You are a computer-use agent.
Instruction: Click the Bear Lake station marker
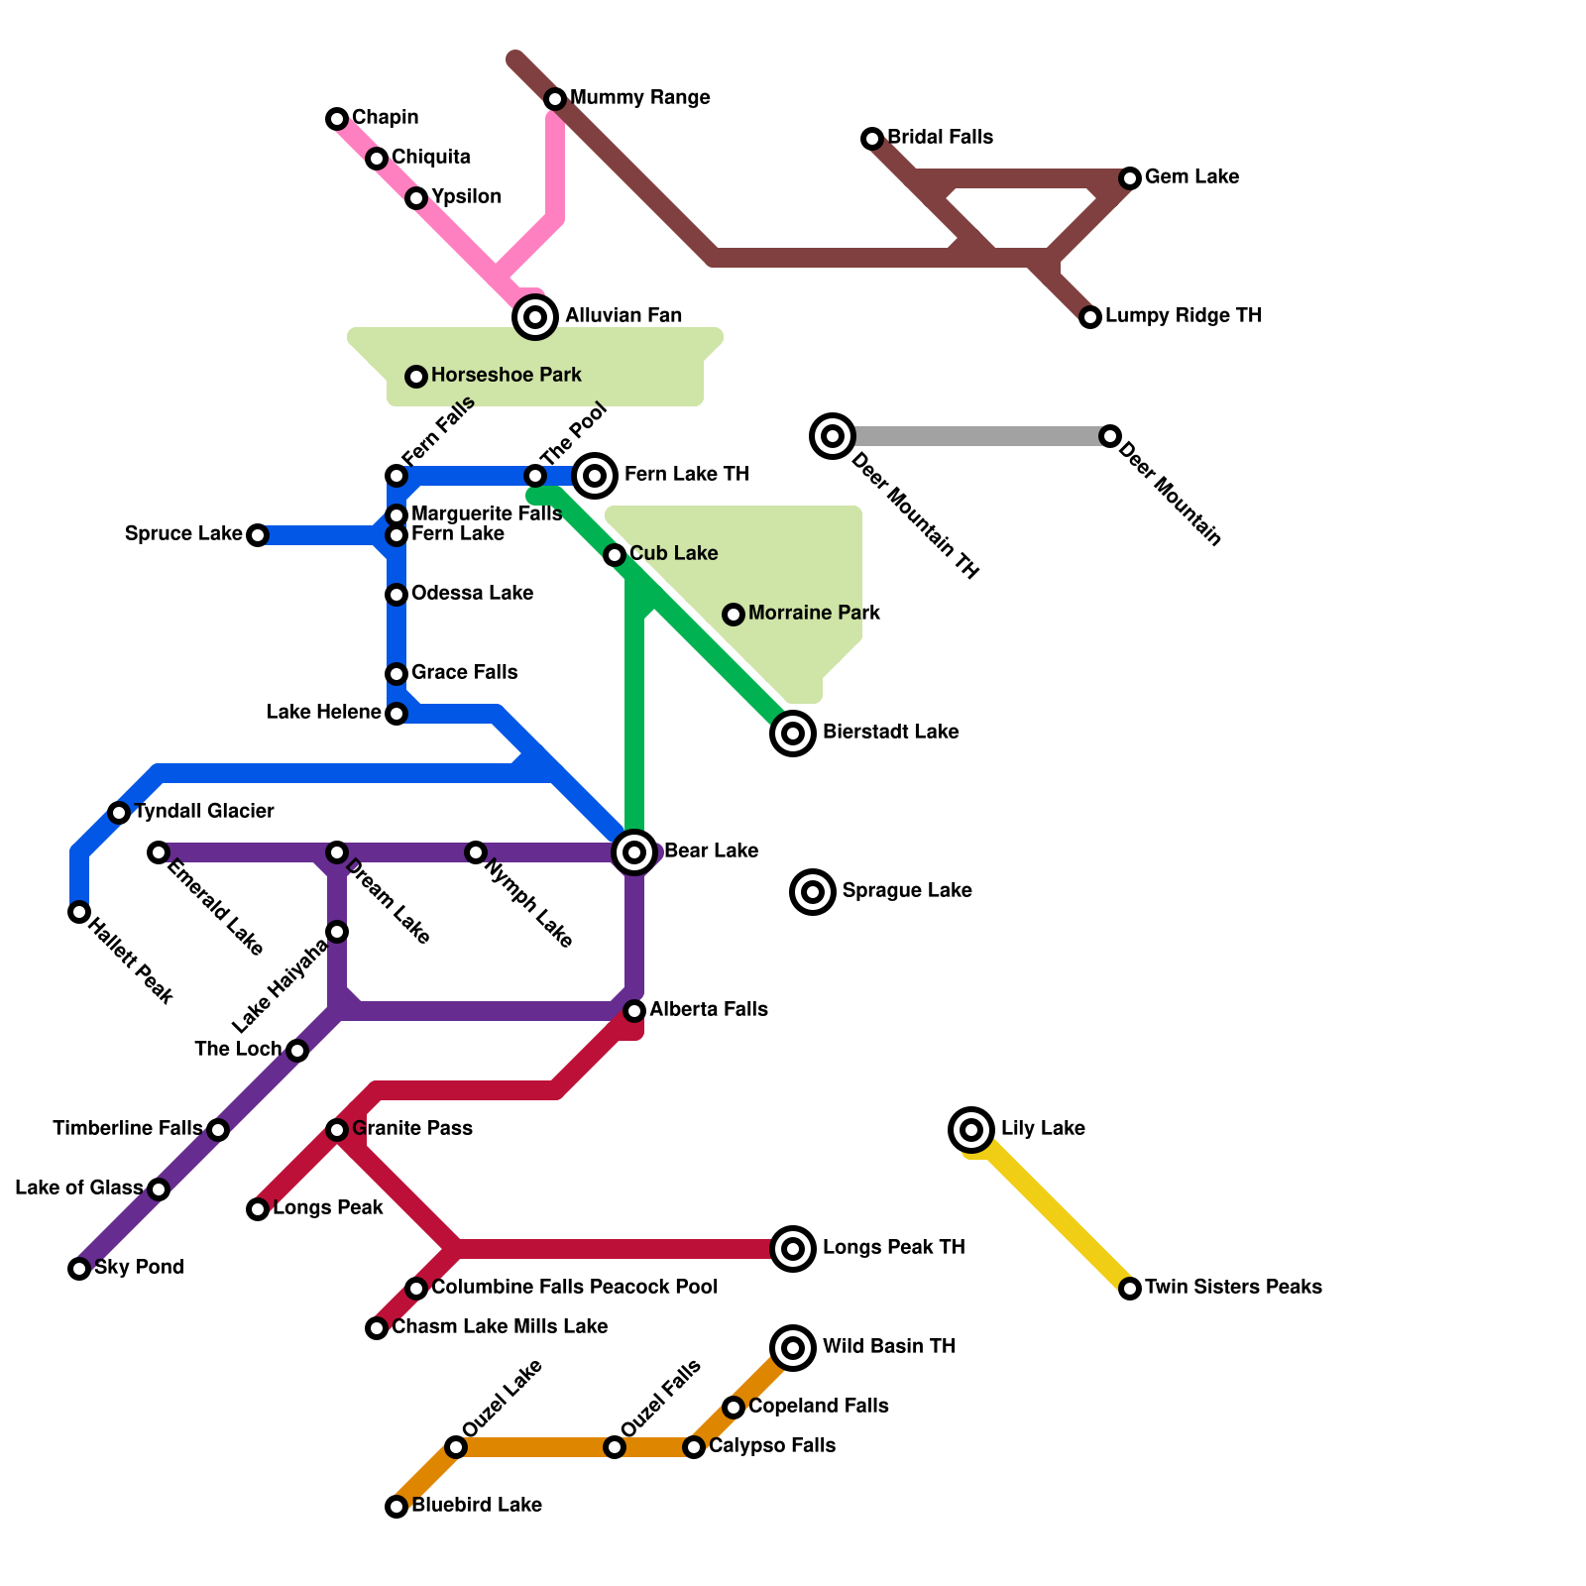[x=634, y=851]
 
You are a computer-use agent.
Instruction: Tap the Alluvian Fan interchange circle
[x=535, y=317]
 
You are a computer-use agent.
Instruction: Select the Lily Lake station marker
[x=971, y=1129]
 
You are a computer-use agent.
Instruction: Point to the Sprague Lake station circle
[x=813, y=891]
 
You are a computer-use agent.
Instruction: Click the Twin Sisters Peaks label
[x=1233, y=1288]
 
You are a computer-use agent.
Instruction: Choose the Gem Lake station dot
[x=1130, y=178]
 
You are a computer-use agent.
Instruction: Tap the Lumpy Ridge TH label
[x=1183, y=316]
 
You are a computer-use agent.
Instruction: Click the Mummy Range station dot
[x=555, y=99]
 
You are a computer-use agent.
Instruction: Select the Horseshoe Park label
[x=506, y=376]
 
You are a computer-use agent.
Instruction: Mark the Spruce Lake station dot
[x=258, y=535]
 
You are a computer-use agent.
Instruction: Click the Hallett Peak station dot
[x=79, y=912]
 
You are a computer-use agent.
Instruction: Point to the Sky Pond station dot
[x=79, y=1269]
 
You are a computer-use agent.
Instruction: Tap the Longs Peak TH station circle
[x=793, y=1248]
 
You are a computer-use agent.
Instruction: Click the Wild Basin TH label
[x=888, y=1347]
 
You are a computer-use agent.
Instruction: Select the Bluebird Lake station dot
[x=396, y=1507]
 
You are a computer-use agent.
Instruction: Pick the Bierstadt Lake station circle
[x=793, y=734]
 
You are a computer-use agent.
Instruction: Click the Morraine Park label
[x=814, y=614]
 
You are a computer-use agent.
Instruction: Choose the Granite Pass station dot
[x=337, y=1130]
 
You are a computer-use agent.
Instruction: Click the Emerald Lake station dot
[x=159, y=852]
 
